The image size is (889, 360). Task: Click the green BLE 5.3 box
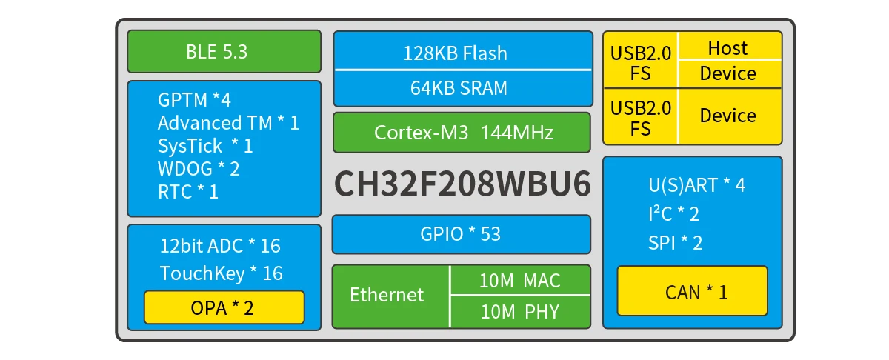[224, 52]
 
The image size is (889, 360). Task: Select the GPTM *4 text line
[194, 100]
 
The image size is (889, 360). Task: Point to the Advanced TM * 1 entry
[228, 123]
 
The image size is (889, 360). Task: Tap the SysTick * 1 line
[205, 146]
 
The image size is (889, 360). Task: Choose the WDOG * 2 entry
[199, 169]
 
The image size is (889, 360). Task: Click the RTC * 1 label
[188, 192]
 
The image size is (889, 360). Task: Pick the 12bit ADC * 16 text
[220, 246]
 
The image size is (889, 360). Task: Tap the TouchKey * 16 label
[221, 273]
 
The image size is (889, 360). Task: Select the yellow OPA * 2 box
[224, 307]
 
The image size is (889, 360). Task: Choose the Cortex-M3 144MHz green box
[462, 133]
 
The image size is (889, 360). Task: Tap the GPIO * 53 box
[461, 234]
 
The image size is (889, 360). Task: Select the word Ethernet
[387, 295]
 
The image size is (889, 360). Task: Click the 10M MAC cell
[520, 281]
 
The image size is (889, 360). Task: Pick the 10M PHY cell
[520, 312]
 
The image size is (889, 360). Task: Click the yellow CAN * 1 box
[692, 292]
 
